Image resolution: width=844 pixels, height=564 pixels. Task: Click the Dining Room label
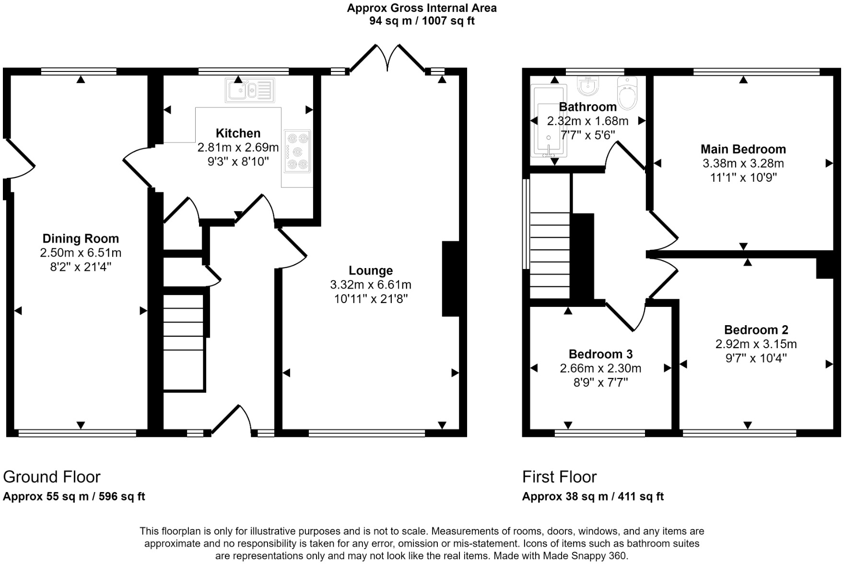81,238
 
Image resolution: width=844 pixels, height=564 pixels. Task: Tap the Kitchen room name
238,133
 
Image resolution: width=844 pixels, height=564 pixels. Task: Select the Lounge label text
370,270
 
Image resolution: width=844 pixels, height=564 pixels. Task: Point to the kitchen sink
249,90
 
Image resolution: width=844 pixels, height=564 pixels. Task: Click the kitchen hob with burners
297,151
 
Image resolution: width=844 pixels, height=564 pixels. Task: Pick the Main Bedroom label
743,149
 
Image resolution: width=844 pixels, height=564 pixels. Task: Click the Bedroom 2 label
756,330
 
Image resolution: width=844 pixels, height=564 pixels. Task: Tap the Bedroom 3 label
600,354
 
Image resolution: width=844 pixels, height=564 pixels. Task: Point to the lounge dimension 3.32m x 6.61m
370,285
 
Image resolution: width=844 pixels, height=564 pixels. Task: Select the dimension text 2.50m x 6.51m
81,253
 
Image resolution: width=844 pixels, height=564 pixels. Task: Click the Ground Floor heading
52,477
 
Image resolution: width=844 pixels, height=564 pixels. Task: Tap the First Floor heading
559,477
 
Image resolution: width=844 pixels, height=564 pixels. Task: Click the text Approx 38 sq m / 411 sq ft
593,497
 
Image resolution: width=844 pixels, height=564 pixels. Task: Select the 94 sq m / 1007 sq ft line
422,21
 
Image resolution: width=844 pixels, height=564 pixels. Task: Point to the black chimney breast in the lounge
450,279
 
